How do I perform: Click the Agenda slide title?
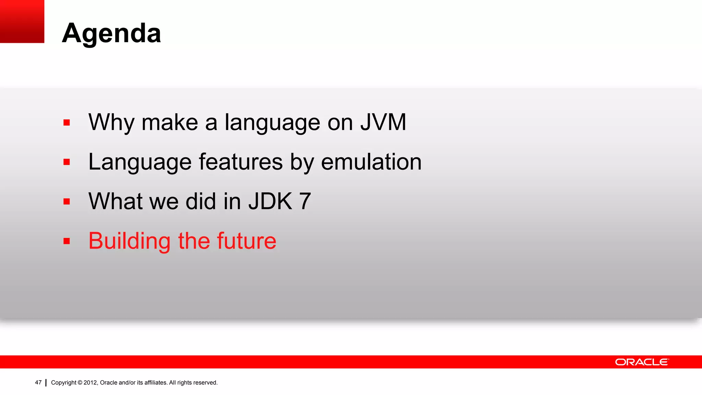pos(111,33)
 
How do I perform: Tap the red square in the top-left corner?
pos(22,21)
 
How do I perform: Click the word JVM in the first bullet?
pos(383,122)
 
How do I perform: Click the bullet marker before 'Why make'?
pos(66,123)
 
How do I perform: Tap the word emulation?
pos(371,162)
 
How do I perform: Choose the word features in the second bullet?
pos(241,162)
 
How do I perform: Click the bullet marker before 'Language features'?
pos(66,162)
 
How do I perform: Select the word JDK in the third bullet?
pos(270,201)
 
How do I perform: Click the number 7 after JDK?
pos(305,201)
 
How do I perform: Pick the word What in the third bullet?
pos(116,201)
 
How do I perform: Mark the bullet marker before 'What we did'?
pos(66,202)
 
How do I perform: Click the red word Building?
pos(130,241)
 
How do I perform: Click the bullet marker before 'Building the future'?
pos(66,241)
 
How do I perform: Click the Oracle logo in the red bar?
pos(642,362)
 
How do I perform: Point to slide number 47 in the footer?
pos(38,382)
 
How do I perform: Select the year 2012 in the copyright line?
pos(90,383)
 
